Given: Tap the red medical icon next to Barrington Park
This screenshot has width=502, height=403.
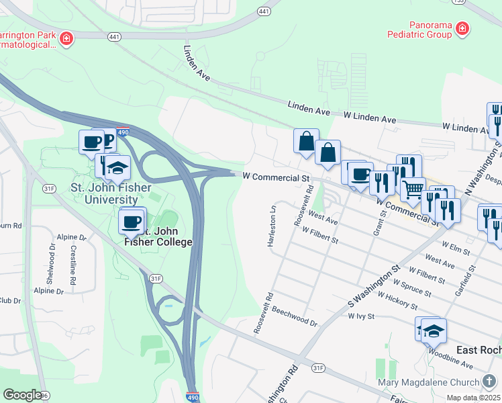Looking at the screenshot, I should [x=66, y=38].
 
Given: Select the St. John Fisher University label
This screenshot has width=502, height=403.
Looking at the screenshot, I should [x=105, y=193].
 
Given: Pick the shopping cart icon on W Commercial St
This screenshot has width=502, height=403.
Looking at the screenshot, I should [x=413, y=189].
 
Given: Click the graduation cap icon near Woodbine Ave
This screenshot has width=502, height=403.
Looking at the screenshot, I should [x=434, y=330].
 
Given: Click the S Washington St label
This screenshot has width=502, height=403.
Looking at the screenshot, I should [x=370, y=285].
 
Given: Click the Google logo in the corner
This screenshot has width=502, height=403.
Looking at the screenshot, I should [x=22, y=395].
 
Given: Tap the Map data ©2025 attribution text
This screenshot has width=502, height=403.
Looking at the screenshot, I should [x=473, y=398].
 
